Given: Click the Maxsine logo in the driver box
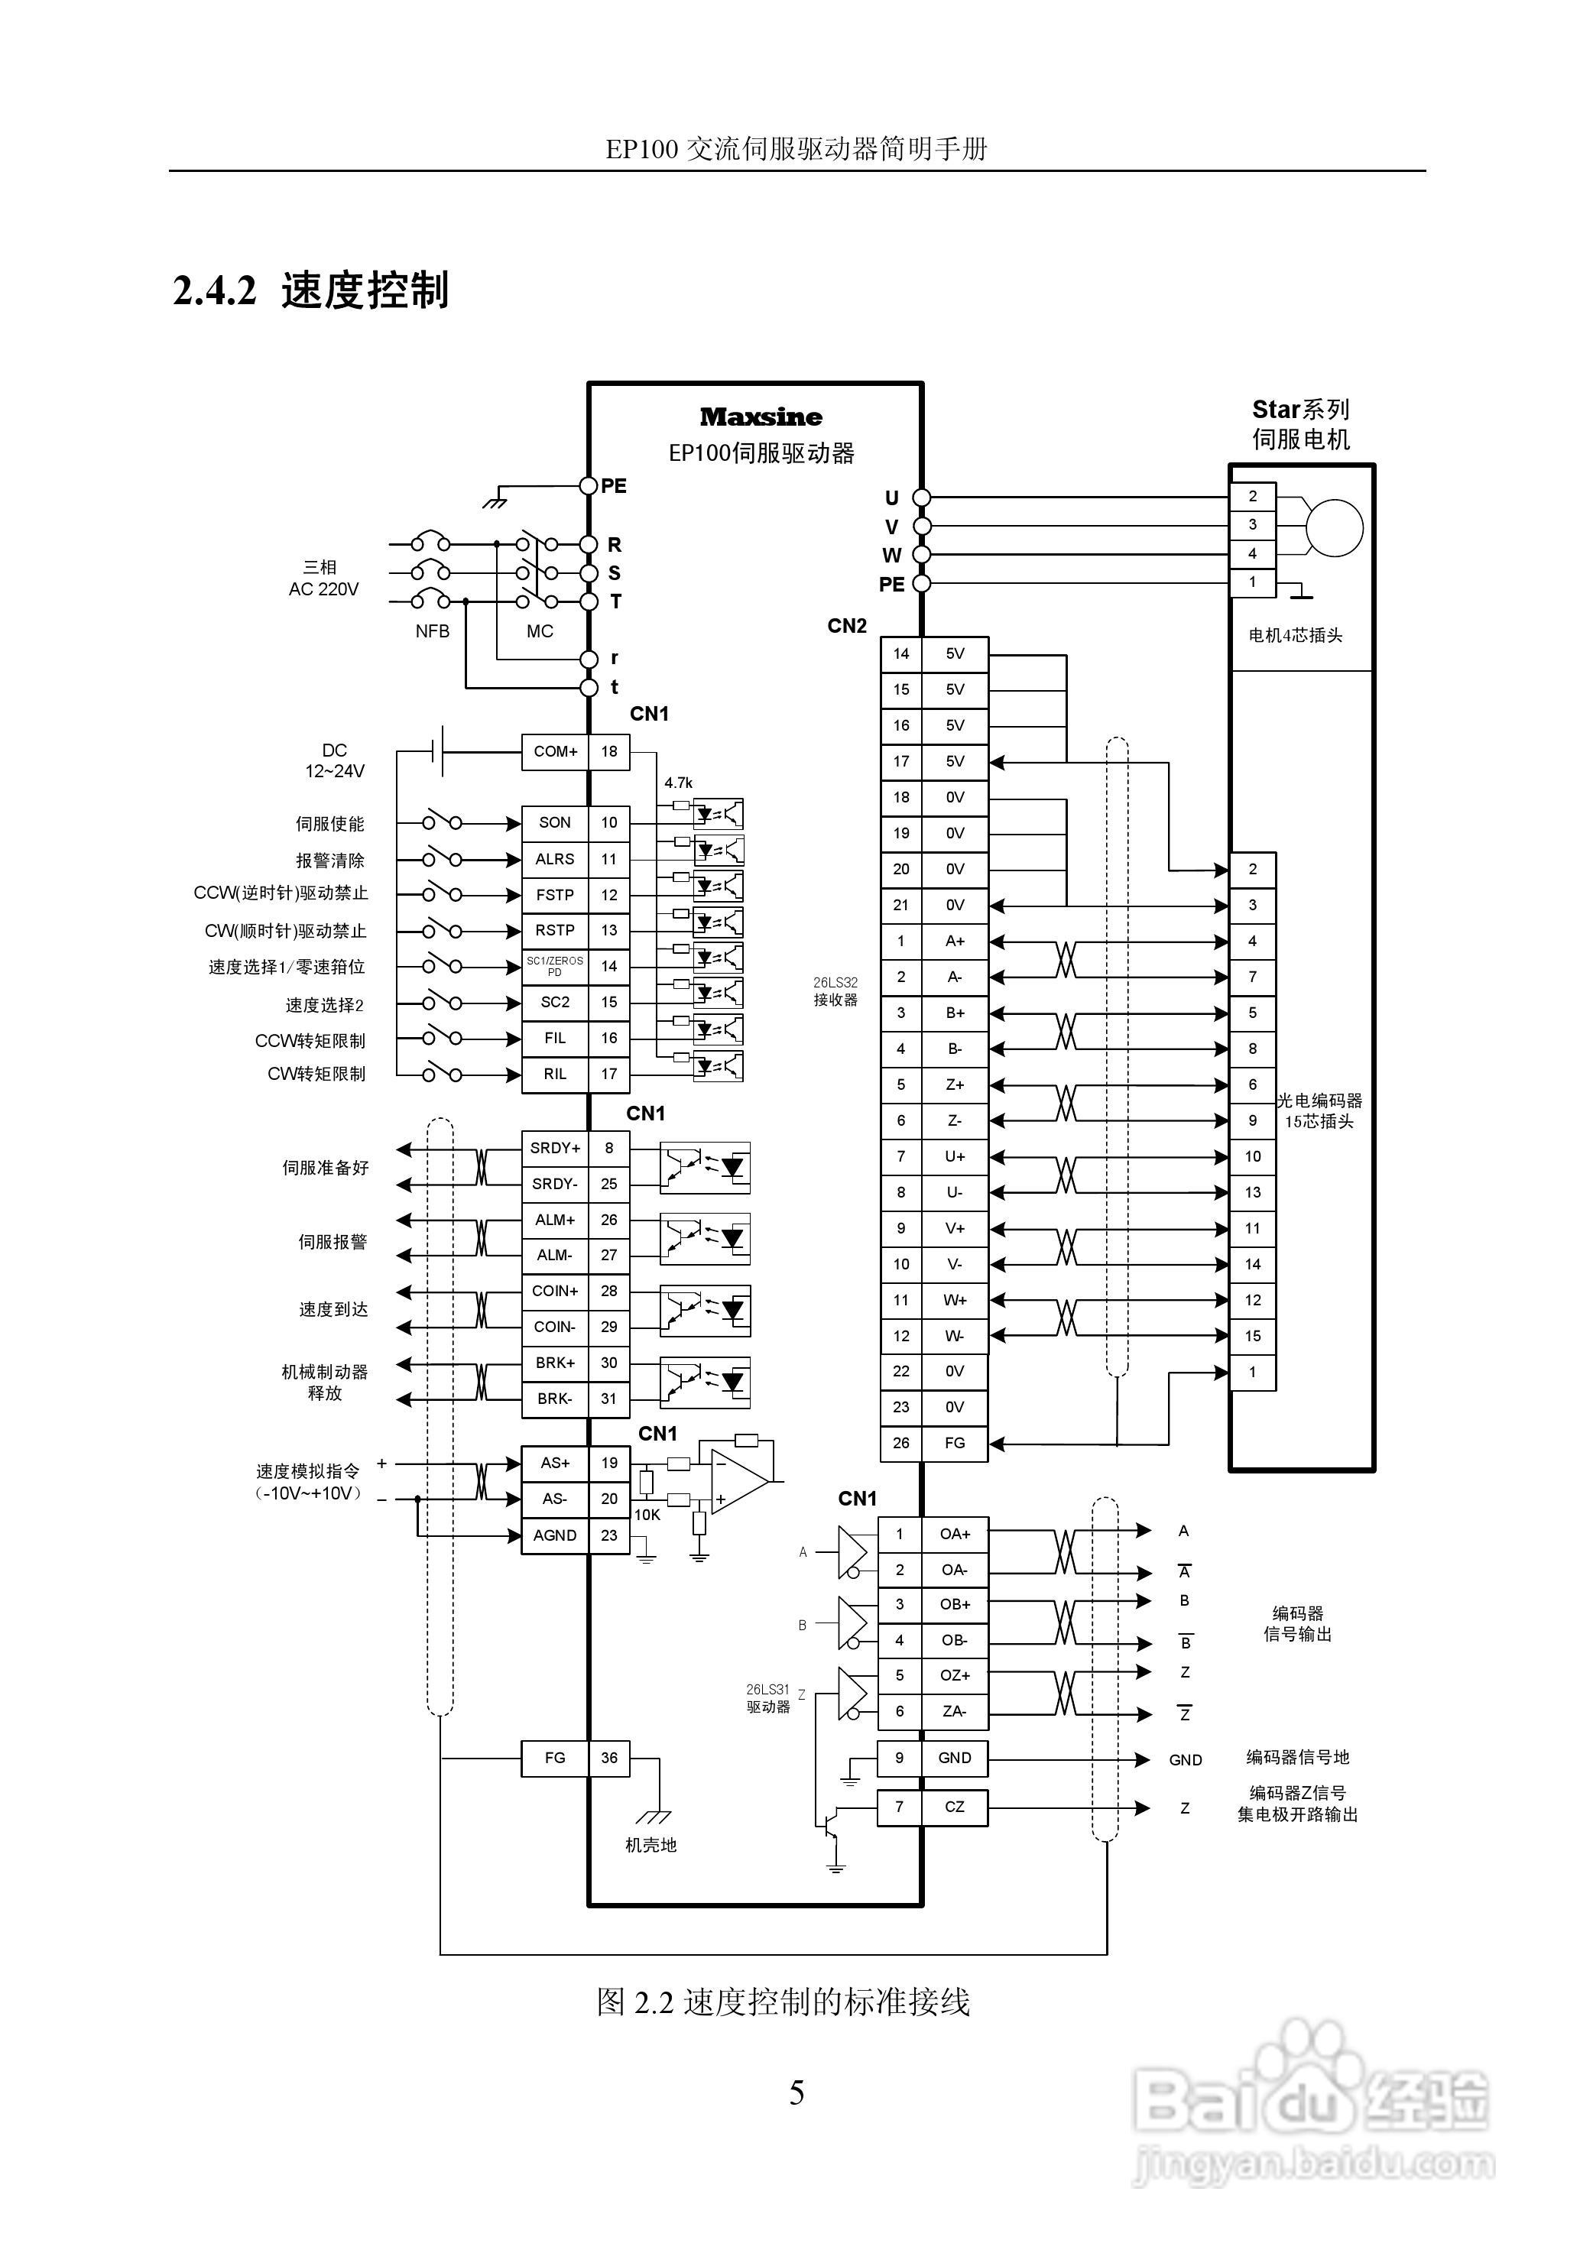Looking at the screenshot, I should coord(761,417).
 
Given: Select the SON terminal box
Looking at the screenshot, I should coord(554,822).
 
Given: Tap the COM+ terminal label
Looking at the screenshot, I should coord(554,752).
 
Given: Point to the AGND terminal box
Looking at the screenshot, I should coord(554,1535).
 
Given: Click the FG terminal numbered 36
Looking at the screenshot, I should coord(554,1758).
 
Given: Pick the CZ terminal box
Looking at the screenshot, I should coord(954,1807).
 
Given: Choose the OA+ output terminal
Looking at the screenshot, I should coord(954,1534).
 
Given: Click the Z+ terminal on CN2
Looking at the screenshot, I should coord(954,1084).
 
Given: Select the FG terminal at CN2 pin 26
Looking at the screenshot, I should coord(954,1442).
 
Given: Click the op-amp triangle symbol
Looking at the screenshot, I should coord(738,1481).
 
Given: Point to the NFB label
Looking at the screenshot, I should coord(432,631).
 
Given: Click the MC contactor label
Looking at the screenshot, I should coord(540,631).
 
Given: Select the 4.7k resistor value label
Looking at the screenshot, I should coord(678,782).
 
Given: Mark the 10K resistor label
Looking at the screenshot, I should coord(647,1514).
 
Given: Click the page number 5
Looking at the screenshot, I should coord(797,2093).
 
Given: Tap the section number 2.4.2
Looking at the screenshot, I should coord(214,290).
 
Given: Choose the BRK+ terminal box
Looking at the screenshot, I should coord(554,1363).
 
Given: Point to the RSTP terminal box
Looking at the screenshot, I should coord(554,930).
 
